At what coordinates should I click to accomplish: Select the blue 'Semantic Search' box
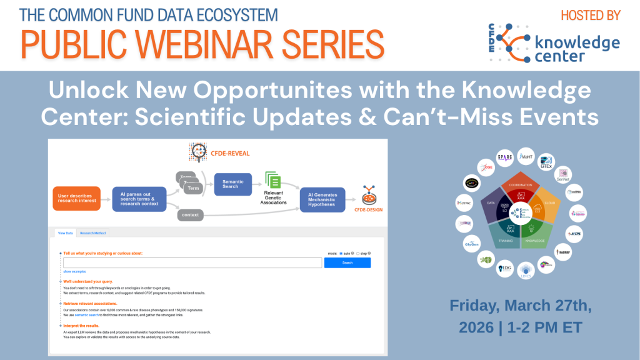[232, 183]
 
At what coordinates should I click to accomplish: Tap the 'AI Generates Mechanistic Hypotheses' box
[321, 199]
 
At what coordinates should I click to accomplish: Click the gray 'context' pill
[191, 215]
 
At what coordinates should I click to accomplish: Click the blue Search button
[347, 262]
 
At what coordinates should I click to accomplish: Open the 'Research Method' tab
[92, 233]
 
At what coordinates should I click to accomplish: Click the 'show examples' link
[74, 272]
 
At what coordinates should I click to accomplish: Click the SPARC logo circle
[505, 157]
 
